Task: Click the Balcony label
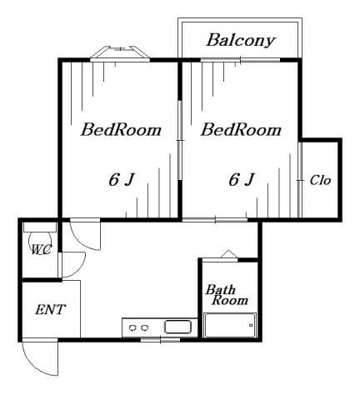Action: coord(241,41)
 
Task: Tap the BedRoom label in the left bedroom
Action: coord(121,130)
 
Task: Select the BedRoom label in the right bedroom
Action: coord(241,130)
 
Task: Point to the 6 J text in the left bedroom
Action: coord(122,179)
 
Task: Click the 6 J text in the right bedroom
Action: coord(241,179)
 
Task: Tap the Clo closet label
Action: coord(320,180)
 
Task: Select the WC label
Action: coord(41,250)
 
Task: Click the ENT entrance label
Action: coord(51,309)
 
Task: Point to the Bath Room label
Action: coord(227,295)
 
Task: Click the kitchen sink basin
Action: coord(177,327)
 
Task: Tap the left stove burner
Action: coord(132,328)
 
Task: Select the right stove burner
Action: coord(144,328)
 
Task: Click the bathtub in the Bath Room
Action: coord(230,325)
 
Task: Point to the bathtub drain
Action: coord(251,325)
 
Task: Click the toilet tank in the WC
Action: coord(40,227)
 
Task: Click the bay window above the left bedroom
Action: coord(120,53)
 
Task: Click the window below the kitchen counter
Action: coord(160,340)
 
